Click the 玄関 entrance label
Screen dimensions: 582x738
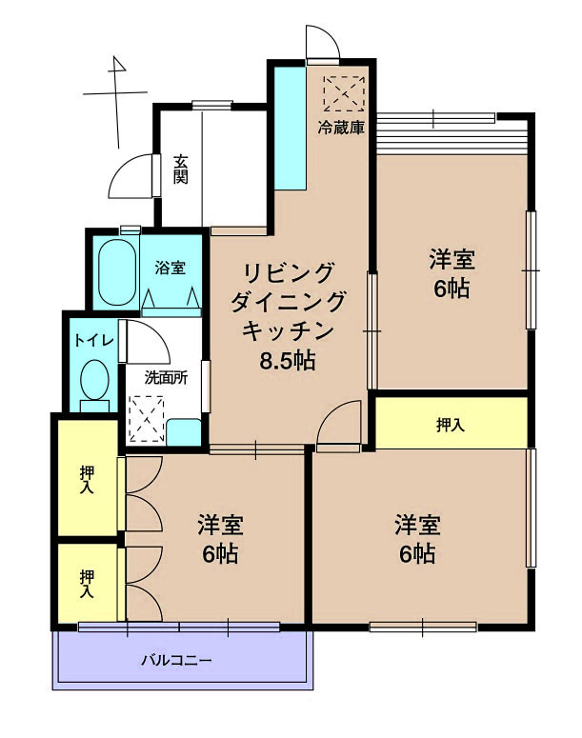pyautogui.click(x=180, y=169)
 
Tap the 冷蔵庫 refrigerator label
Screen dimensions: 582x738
pyautogui.click(x=341, y=128)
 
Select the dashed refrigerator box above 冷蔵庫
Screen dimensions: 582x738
pyautogui.click(x=344, y=93)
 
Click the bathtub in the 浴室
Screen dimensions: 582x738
pyautogui.click(x=117, y=272)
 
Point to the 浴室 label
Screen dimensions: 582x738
pyautogui.click(x=170, y=269)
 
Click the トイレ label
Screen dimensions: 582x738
pyautogui.click(x=94, y=340)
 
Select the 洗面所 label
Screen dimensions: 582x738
pyautogui.click(x=166, y=377)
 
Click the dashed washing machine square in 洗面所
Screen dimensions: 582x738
pyautogui.click(x=147, y=419)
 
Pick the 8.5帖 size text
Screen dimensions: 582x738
pyautogui.click(x=288, y=361)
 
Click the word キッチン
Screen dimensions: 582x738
pyautogui.click(x=288, y=330)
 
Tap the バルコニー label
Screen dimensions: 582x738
pyautogui.click(x=177, y=660)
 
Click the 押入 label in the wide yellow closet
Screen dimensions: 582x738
pyautogui.click(x=451, y=425)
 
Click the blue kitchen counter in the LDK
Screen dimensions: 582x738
pyautogui.click(x=291, y=129)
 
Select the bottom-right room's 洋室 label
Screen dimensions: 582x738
pyautogui.click(x=417, y=525)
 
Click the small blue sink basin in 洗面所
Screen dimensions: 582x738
pyautogui.click(x=184, y=431)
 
